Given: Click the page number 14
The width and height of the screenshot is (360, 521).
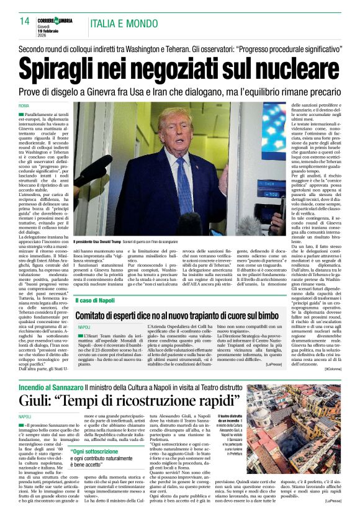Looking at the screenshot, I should [x=24, y=21].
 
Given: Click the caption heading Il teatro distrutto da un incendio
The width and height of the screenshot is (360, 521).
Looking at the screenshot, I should [x=231, y=419].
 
